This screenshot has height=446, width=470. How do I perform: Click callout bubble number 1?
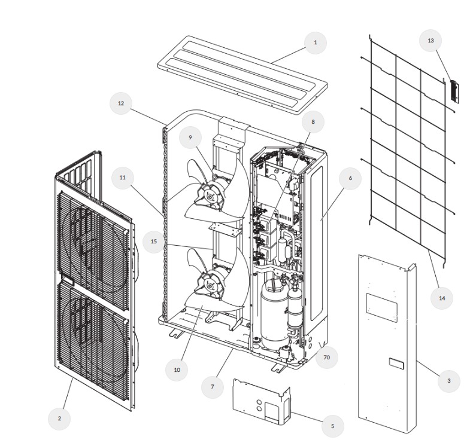pyautogui.click(x=316, y=42)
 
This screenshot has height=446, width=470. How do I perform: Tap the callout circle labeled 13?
pyautogui.click(x=430, y=41)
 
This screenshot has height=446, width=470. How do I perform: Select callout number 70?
pyautogui.click(x=326, y=358)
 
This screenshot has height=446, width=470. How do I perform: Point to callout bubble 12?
pyautogui.click(x=121, y=103)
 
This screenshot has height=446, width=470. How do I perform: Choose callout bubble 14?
pyautogui.click(x=442, y=297)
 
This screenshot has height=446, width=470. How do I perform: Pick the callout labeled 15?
pyautogui.click(x=154, y=242)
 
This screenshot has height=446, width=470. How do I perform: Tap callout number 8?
pyautogui.click(x=313, y=121)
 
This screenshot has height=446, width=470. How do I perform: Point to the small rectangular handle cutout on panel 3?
pyautogui.click(x=395, y=362)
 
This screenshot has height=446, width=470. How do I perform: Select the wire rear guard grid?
pyautogui.click(x=407, y=149)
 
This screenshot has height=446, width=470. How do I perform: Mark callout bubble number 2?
pyautogui.click(x=59, y=418)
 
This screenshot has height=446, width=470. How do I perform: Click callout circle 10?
pyautogui.click(x=177, y=370)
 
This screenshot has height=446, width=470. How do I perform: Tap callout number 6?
pyautogui.click(x=350, y=178)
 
